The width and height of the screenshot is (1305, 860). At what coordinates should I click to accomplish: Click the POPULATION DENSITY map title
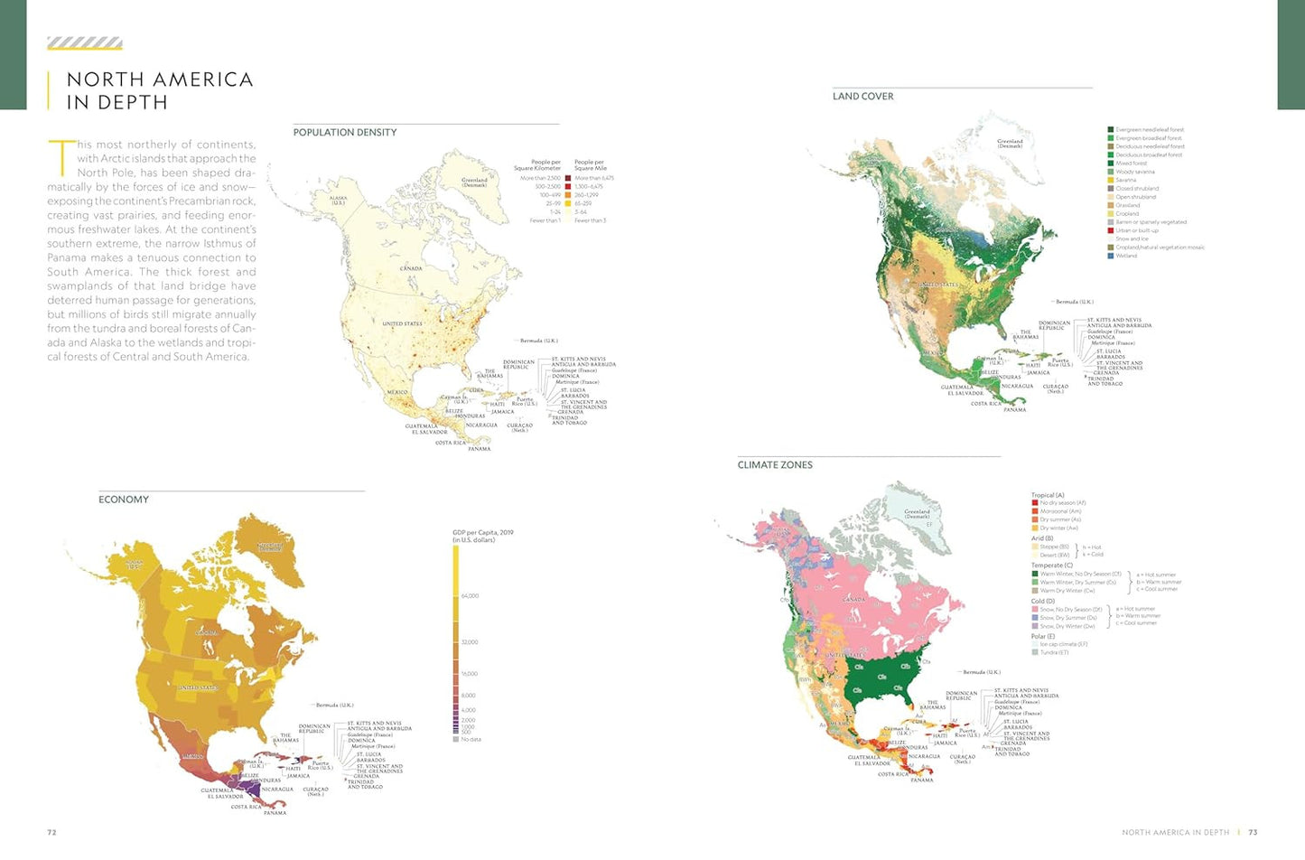[x=345, y=133]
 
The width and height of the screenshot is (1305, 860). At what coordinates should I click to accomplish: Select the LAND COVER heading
[x=862, y=97]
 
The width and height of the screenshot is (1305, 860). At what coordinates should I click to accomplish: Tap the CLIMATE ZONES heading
[x=775, y=465]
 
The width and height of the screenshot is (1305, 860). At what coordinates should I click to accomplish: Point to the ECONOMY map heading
[x=124, y=500]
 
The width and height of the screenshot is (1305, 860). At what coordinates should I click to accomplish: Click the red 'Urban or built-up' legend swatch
[x=1111, y=230]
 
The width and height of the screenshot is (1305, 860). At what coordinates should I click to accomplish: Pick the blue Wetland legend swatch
[x=1111, y=256]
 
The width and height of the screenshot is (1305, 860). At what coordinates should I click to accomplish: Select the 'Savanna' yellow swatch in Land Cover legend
[x=1111, y=180]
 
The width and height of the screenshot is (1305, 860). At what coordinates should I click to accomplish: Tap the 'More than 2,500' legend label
[x=540, y=179]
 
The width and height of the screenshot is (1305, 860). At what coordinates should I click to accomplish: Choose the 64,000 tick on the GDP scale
[x=469, y=596]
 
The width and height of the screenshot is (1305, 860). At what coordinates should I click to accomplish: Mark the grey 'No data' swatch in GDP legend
[x=456, y=739]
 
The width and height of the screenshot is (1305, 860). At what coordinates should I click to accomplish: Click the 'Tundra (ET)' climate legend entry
[x=1053, y=652]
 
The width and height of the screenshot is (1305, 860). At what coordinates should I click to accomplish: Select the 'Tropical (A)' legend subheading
[x=1048, y=495]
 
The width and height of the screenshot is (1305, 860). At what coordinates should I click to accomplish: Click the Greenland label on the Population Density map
[x=474, y=182]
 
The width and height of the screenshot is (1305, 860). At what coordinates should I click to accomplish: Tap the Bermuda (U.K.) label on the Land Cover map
[x=1074, y=302]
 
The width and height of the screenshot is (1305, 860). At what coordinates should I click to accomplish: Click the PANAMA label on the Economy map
[x=275, y=813]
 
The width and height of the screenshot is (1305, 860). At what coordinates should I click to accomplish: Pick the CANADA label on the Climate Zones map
[x=853, y=600]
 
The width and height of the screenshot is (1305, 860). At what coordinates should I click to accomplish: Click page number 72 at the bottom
[x=51, y=832]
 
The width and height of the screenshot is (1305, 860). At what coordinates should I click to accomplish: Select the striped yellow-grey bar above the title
[x=85, y=43]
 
